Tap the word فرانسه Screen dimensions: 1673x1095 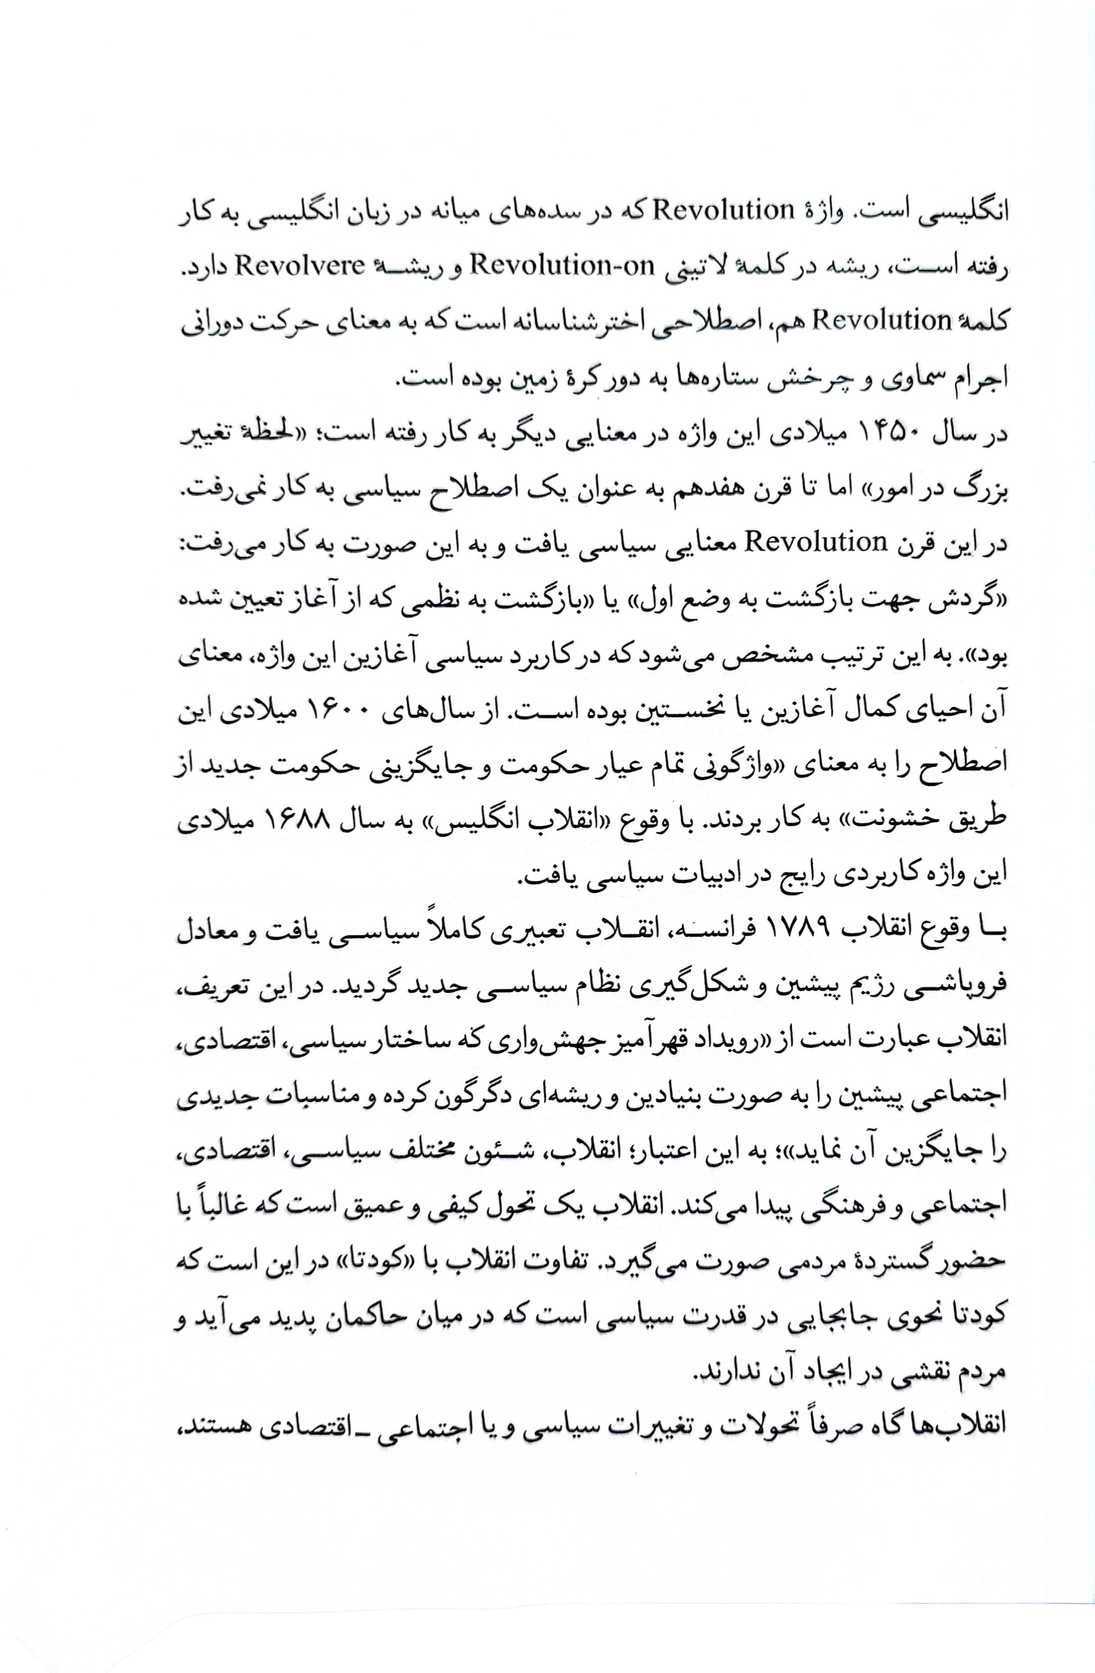pos(715,931)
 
